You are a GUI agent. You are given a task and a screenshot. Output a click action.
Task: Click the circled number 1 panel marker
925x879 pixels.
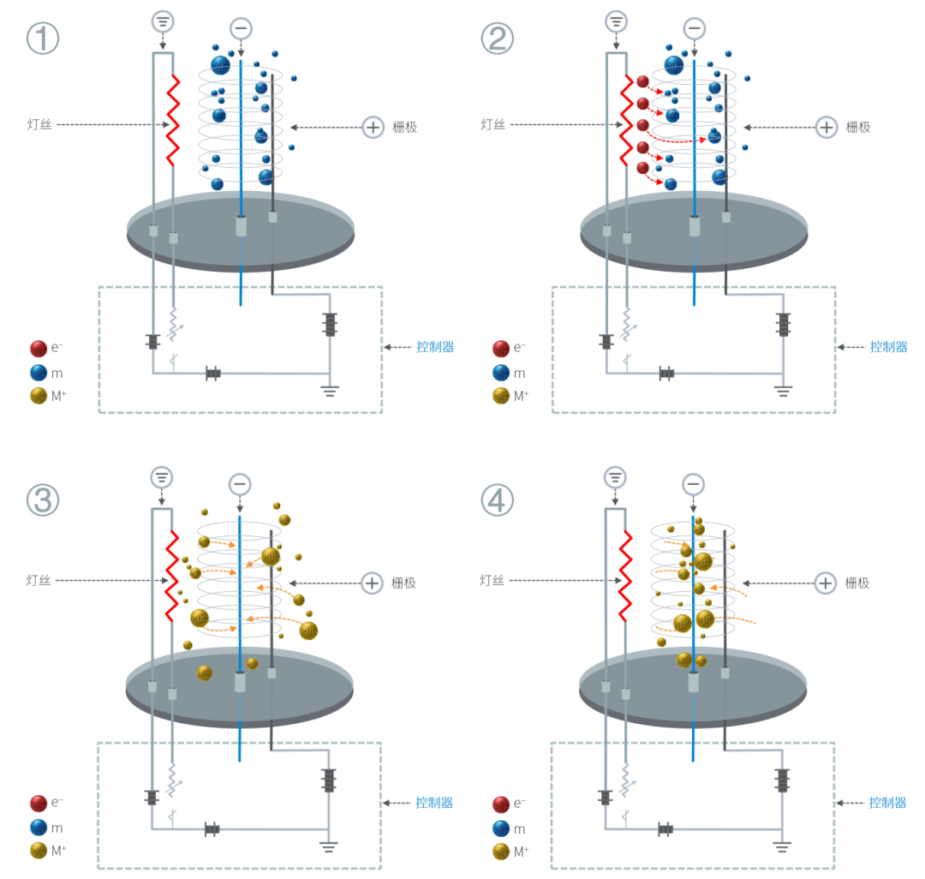coord(42,39)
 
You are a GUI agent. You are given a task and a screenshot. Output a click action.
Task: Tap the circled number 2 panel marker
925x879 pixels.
coord(497,39)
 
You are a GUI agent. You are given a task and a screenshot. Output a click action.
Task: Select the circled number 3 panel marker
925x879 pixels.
coord(42,499)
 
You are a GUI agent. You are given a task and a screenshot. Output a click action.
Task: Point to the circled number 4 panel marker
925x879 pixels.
coord(497,499)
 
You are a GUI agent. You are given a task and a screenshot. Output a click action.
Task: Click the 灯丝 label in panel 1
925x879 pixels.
coord(39,125)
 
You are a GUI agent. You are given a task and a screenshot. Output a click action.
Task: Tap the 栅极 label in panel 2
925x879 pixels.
coord(857,127)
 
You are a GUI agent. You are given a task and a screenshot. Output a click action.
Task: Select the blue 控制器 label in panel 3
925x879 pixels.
coord(434,803)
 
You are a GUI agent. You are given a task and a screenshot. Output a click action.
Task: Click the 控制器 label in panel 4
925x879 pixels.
coord(887,803)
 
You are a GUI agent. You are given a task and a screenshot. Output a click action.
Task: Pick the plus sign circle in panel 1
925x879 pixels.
coord(373,127)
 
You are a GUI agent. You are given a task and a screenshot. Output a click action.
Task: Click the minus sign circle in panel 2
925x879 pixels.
coord(694,28)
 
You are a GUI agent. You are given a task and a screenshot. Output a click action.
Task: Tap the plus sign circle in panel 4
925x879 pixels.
coord(825,583)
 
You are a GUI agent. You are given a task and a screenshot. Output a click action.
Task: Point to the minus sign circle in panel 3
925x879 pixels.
coord(241,484)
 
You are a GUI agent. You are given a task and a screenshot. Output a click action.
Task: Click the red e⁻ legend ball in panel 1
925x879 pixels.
coord(39,348)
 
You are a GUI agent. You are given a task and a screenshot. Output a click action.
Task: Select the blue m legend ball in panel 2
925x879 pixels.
coord(501,373)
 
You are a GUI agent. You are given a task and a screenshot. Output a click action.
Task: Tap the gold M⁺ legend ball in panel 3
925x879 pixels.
coord(39,851)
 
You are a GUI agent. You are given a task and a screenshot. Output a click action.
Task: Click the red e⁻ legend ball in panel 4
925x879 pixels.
coord(501,804)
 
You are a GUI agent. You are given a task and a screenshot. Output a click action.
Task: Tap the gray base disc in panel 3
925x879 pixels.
coord(240,691)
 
